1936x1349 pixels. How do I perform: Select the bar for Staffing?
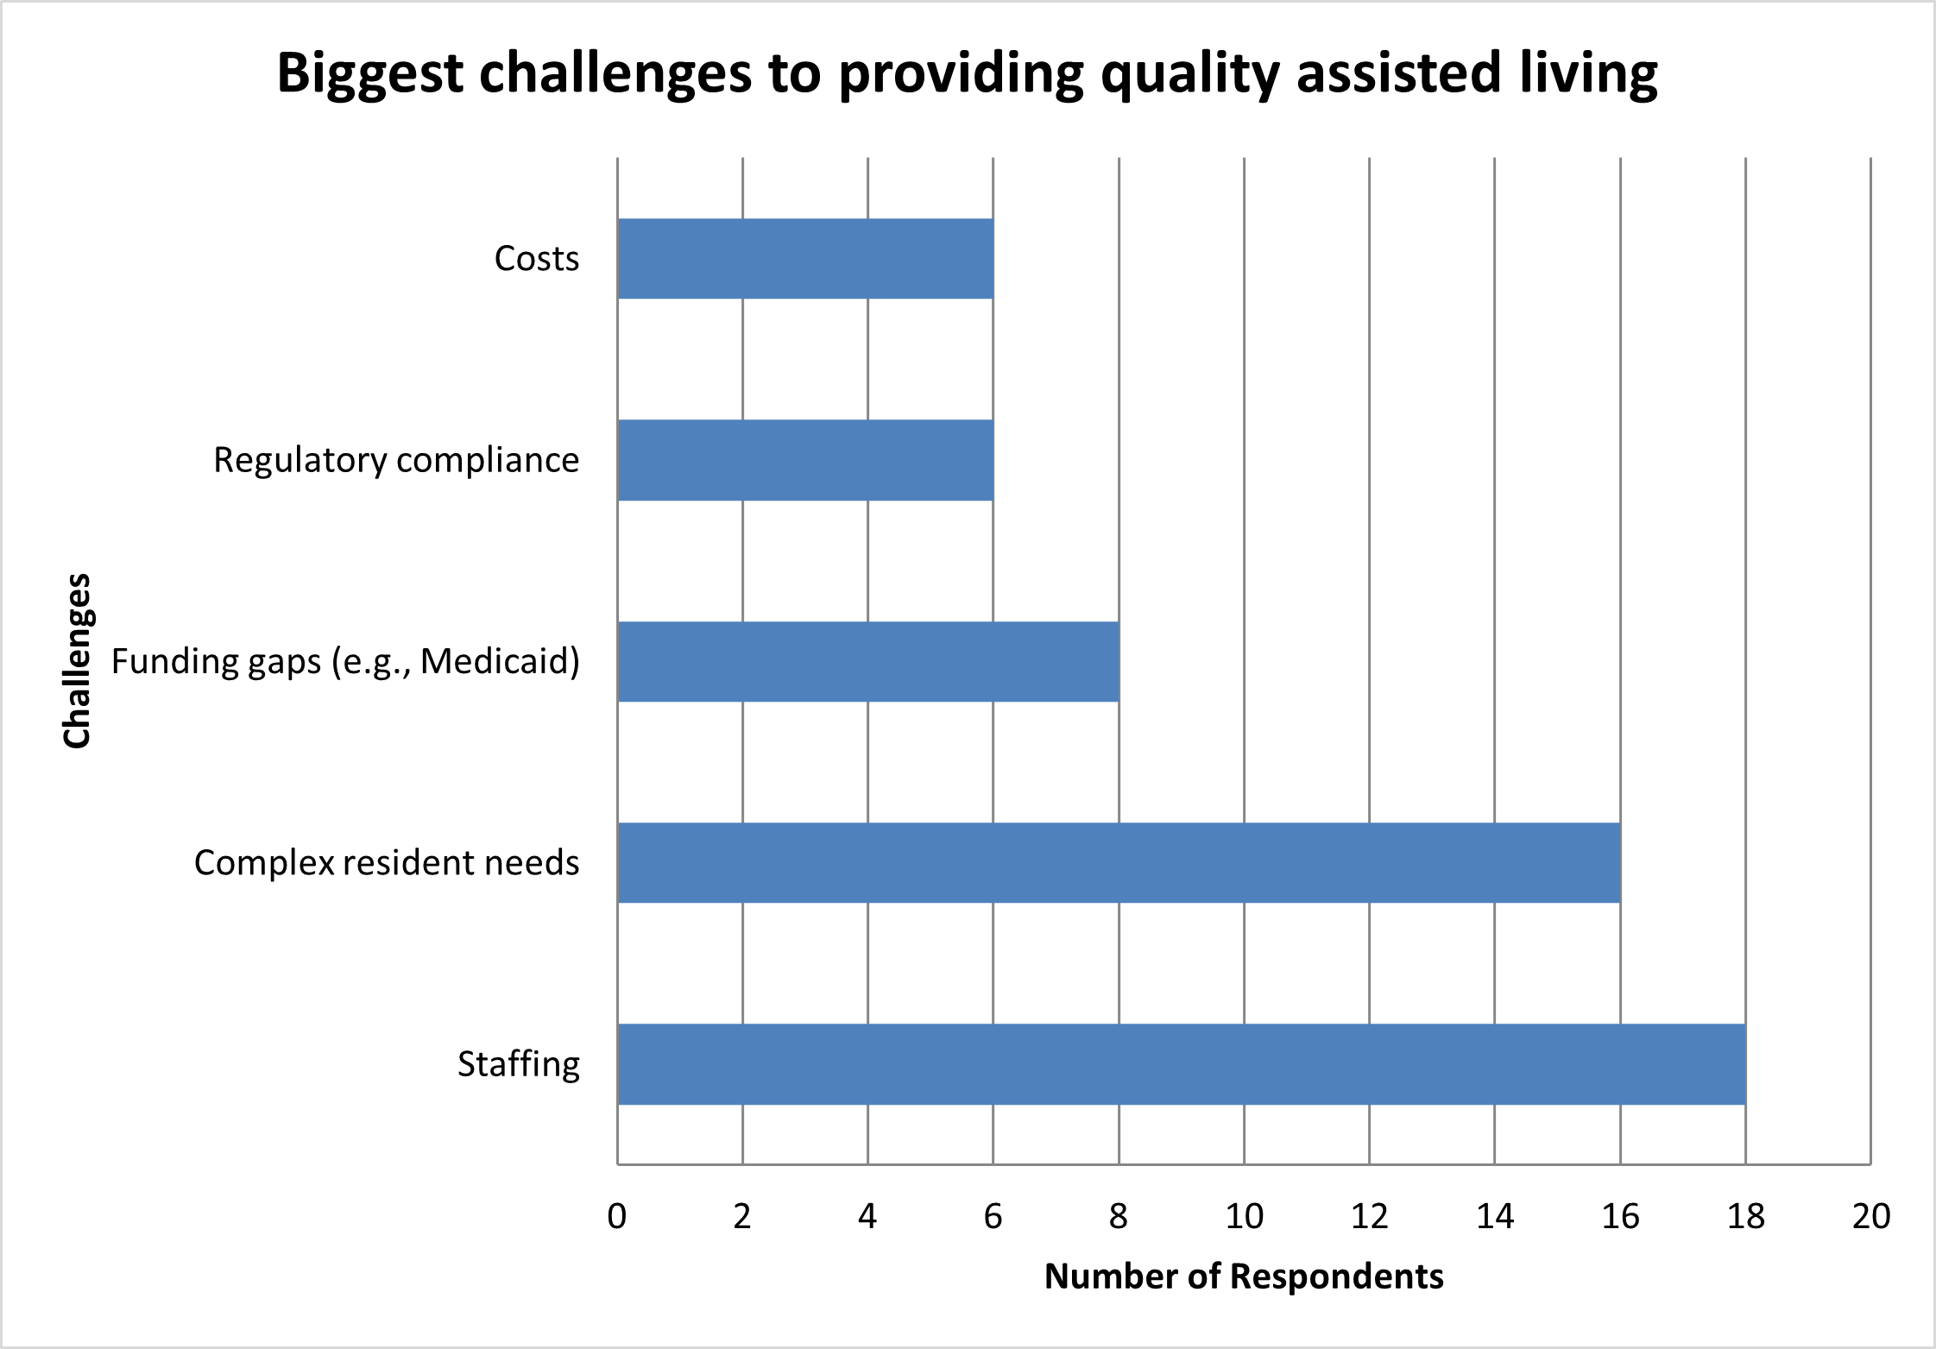1181,1063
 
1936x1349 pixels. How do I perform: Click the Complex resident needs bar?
1119,862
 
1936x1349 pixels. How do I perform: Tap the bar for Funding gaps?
867,661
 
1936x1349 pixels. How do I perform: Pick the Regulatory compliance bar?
805,460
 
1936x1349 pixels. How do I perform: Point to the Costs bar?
805,258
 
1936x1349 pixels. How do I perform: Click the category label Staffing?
518,1064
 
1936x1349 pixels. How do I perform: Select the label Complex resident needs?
387,862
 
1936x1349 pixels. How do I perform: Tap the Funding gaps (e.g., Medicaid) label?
345,662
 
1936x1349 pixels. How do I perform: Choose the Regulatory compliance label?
396,460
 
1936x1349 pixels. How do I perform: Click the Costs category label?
536,258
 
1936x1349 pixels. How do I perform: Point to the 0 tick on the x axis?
617,1216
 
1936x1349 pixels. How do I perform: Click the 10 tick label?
1244,1216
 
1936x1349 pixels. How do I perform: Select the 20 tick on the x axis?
1870,1216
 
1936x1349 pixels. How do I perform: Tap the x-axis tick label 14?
1495,1216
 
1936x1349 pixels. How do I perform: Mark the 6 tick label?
993,1216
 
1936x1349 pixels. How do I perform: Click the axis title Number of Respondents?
1244,1277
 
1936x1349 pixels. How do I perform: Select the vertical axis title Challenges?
77,660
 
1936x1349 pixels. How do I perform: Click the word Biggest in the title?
370,75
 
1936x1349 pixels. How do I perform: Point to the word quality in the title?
1190,75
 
